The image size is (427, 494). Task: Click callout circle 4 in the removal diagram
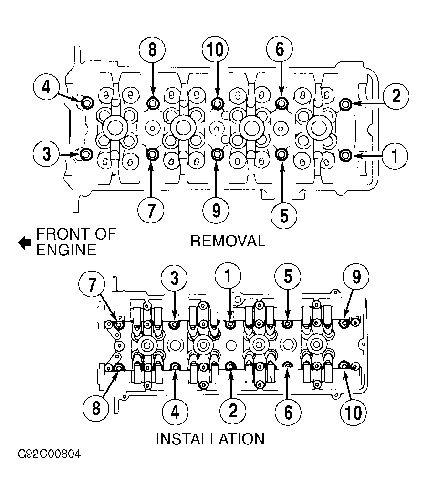(x=46, y=87)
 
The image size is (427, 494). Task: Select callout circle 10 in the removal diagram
(x=215, y=50)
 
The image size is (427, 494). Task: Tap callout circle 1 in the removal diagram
(x=395, y=156)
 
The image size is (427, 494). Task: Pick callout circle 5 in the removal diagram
(x=284, y=216)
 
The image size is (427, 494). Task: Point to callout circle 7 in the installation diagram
(x=92, y=284)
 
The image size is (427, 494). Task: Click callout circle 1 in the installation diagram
(x=228, y=276)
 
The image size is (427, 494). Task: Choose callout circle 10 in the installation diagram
(x=353, y=413)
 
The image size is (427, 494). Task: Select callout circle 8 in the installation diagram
(x=96, y=408)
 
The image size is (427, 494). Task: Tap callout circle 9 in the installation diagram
(x=356, y=277)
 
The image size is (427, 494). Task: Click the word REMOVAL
(x=228, y=241)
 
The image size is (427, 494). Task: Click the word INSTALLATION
(x=210, y=439)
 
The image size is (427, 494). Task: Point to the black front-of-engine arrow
(x=24, y=242)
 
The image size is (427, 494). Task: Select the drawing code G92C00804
(x=49, y=454)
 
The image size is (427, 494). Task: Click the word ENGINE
(x=66, y=250)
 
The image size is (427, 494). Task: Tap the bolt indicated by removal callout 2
(x=345, y=103)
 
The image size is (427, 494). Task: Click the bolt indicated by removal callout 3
(x=86, y=154)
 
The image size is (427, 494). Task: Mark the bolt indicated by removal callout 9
(x=217, y=154)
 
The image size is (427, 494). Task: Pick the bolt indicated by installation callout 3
(x=175, y=324)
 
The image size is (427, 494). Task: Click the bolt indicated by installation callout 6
(x=288, y=365)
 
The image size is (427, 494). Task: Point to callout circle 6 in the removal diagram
(x=279, y=50)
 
